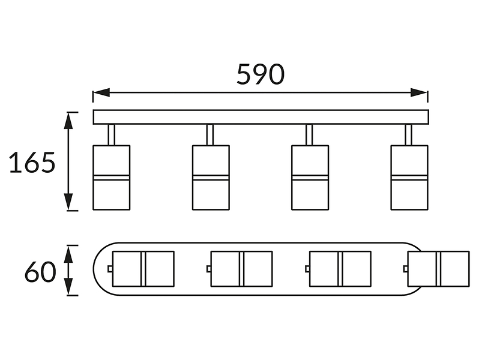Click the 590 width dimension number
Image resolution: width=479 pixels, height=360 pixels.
pos(261,74)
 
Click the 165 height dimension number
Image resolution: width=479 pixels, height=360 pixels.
pos(32,162)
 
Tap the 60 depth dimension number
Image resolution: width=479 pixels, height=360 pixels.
pos(40,271)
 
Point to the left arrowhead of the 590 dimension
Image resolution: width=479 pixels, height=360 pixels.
pos(101,92)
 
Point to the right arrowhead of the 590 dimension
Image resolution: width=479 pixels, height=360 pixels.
pos(419,92)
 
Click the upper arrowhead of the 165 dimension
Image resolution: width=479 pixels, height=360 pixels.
pos(68,121)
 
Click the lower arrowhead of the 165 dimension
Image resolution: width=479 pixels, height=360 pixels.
pos(68,202)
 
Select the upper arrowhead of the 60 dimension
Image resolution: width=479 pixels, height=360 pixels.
pos(68,254)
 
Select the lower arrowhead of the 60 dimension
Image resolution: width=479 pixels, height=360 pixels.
pos(68,287)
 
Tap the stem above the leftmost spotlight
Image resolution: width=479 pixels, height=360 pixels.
pos(112,134)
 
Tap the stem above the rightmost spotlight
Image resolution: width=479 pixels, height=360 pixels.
pos(408,134)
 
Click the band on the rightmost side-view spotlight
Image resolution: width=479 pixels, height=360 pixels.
pos(409,178)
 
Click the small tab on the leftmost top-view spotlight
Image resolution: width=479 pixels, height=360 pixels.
pos(110,269)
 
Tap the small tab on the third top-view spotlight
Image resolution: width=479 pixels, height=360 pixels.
pos(307,269)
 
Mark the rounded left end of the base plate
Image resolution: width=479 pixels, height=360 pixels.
pos(94,269)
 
